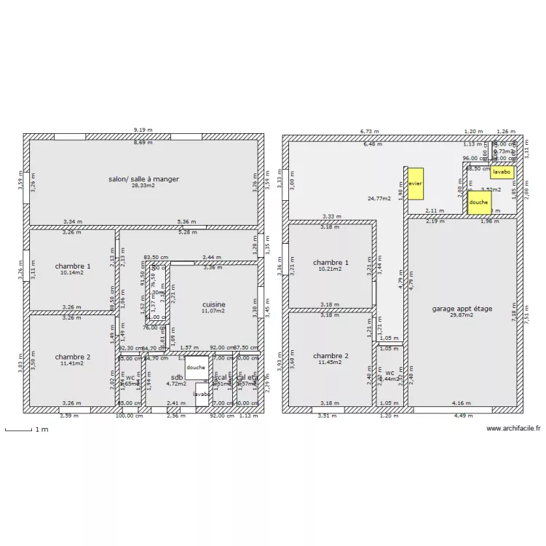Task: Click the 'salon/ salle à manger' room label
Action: (143, 178)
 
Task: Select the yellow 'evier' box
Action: (415, 183)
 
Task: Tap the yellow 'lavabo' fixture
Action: (501, 173)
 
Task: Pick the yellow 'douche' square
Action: (478, 202)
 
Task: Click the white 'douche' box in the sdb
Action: (196, 368)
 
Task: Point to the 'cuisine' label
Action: (213, 304)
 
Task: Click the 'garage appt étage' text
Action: (462, 309)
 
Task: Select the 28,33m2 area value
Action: (143, 186)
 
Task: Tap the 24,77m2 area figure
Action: (379, 198)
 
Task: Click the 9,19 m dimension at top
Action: (143, 130)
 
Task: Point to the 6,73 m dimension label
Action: (371, 131)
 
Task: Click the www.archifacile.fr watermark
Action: (514, 430)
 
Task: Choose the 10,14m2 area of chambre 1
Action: (73, 274)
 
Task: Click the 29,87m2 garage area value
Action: (462, 316)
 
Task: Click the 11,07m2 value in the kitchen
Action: (213, 312)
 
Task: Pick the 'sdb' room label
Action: (177, 377)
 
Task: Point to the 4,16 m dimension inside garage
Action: (460, 403)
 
